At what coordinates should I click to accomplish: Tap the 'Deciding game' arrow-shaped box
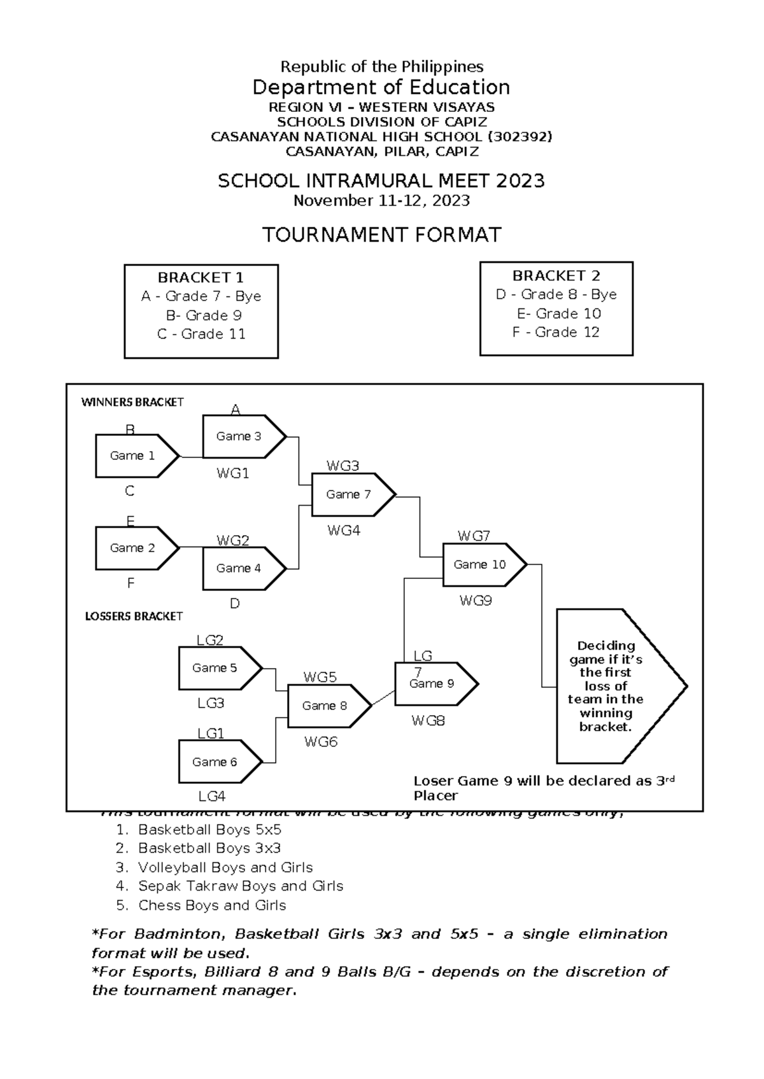[x=611, y=686]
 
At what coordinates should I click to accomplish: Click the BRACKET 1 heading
[x=201, y=277]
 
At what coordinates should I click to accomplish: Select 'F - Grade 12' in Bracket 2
[x=556, y=332]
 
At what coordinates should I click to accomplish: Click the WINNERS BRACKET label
[x=132, y=402]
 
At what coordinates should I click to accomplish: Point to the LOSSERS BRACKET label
[x=134, y=616]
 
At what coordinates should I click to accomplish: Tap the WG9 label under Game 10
[x=476, y=601]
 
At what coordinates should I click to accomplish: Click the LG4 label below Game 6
[x=211, y=797]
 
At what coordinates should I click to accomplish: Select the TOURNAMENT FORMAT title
[x=382, y=235]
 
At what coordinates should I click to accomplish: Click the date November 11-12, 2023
[x=381, y=201]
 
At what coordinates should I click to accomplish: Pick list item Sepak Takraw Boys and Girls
[x=240, y=886]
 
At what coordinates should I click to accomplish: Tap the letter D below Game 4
[x=234, y=604]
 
